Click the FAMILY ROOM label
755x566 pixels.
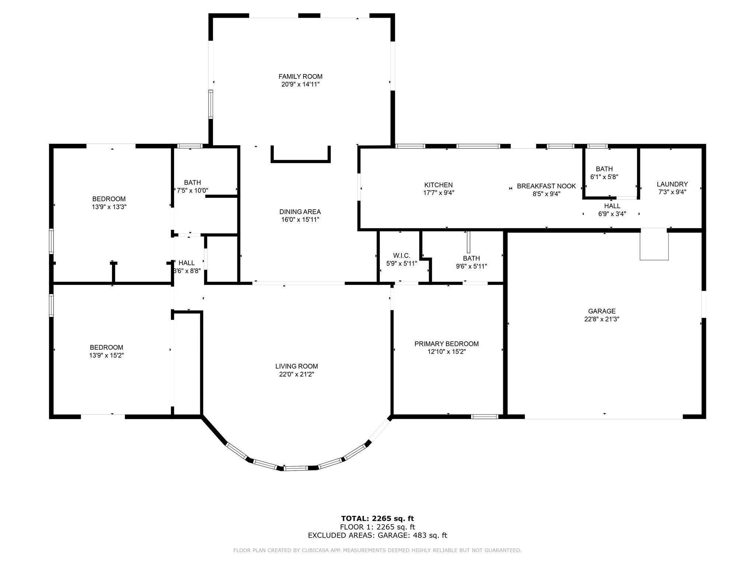300,77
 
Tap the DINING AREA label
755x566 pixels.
300,212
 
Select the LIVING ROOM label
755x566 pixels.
296,366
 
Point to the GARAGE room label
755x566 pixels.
602,311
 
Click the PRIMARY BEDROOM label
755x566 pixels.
446,344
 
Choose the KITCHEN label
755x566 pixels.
438,185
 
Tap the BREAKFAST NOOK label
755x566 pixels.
546,186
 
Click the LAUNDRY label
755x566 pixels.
672,184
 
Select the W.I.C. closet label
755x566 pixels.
401,256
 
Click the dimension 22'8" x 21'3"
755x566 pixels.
602,319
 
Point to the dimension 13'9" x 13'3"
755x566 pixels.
109,207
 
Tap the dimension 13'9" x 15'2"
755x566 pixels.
107,356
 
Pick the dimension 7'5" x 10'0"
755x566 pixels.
192,191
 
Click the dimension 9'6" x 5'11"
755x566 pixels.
472,266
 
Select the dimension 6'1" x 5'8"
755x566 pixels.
604,177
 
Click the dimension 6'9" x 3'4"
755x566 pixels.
612,214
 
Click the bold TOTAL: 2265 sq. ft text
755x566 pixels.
377,519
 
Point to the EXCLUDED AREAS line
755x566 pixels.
377,535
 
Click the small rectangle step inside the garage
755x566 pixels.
654,244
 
